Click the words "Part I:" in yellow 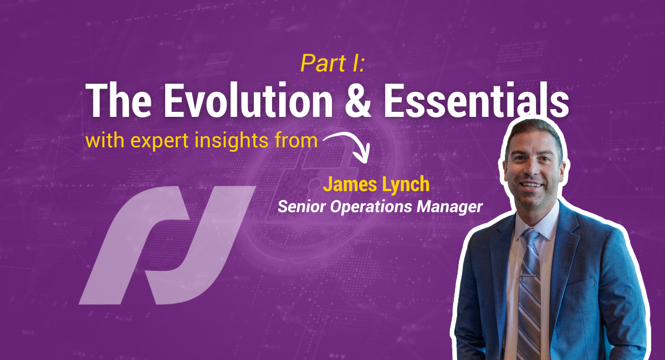pyautogui.click(x=332, y=64)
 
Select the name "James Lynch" pyautogui.click(x=376, y=185)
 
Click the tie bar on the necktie pyautogui.click(x=530, y=275)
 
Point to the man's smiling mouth pyautogui.click(x=532, y=184)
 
